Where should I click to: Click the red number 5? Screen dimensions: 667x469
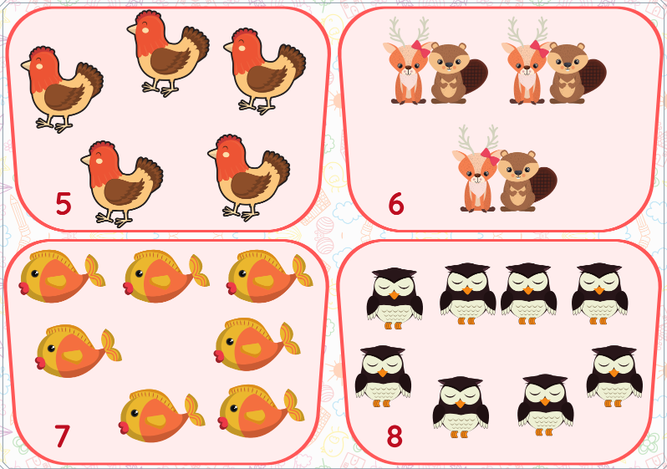coord(63,204)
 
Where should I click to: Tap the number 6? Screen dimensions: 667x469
coord(396,204)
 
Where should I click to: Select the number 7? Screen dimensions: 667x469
coord(62,436)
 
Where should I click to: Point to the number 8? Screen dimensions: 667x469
coord(395,436)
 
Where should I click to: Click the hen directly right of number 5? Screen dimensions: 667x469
coord(122,184)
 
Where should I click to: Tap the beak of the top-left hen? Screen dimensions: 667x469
coord(26,64)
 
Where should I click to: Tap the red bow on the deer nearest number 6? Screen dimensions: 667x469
coord(490,155)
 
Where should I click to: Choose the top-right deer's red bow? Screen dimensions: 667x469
coord(539,48)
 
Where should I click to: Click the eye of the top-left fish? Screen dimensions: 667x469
coord(35,273)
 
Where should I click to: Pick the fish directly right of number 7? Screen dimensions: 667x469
coord(161,415)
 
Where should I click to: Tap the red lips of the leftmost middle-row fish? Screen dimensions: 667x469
coord(41,363)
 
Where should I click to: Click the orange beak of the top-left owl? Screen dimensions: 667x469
coord(395,294)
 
